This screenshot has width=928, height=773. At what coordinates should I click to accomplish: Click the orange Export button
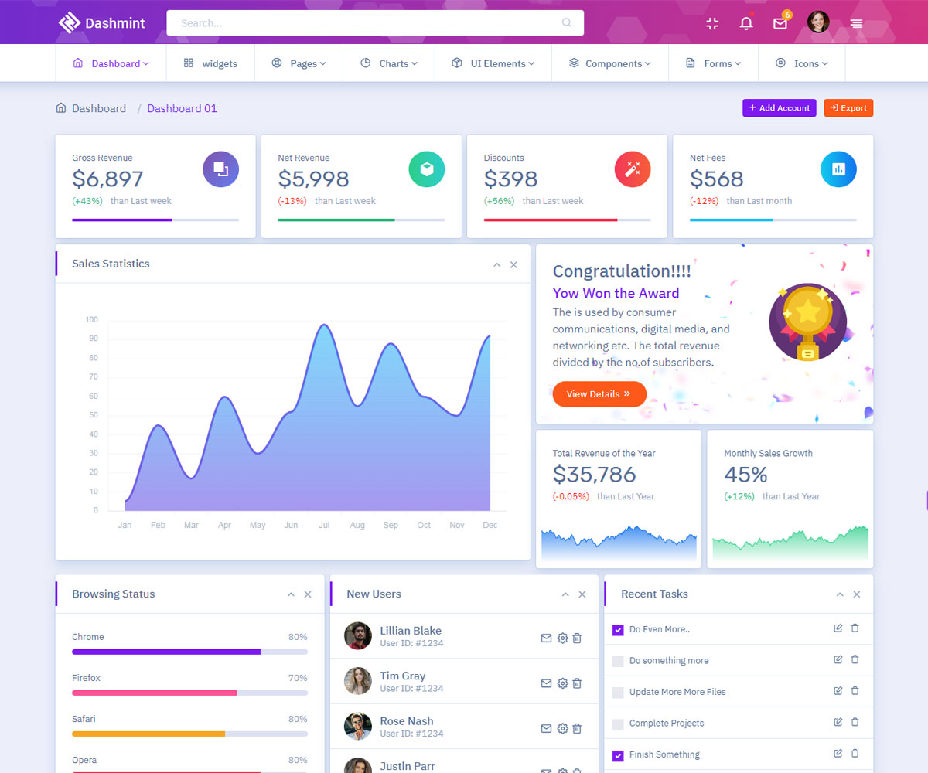tap(848, 108)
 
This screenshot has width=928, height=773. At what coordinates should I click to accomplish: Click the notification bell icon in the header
tap(746, 23)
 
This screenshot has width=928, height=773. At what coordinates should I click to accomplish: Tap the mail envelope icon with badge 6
tap(780, 23)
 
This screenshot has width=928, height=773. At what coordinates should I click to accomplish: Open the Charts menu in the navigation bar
tap(389, 63)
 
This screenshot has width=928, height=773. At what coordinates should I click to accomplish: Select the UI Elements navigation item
tap(493, 63)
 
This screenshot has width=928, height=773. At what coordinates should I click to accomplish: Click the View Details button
tap(599, 394)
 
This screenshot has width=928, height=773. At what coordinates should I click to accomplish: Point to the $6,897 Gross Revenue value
tap(107, 179)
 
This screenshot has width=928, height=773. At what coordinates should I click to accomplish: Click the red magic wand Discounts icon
tap(633, 169)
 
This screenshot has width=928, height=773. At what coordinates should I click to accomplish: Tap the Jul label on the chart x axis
tap(324, 525)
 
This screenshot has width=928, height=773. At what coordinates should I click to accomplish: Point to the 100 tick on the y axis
tap(91, 319)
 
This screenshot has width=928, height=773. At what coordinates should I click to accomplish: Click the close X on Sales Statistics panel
tap(513, 265)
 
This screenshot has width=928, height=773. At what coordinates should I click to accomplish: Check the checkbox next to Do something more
tap(618, 662)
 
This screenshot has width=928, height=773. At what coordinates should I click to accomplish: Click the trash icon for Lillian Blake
tap(577, 638)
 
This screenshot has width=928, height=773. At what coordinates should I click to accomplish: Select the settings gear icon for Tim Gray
tap(562, 683)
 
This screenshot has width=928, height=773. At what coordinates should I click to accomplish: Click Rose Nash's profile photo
tap(358, 727)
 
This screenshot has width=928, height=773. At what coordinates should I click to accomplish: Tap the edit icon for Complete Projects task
tap(838, 722)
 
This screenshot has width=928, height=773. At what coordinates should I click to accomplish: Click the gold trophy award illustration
tap(807, 321)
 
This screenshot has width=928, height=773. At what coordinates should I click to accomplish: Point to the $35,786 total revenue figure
tap(594, 474)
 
